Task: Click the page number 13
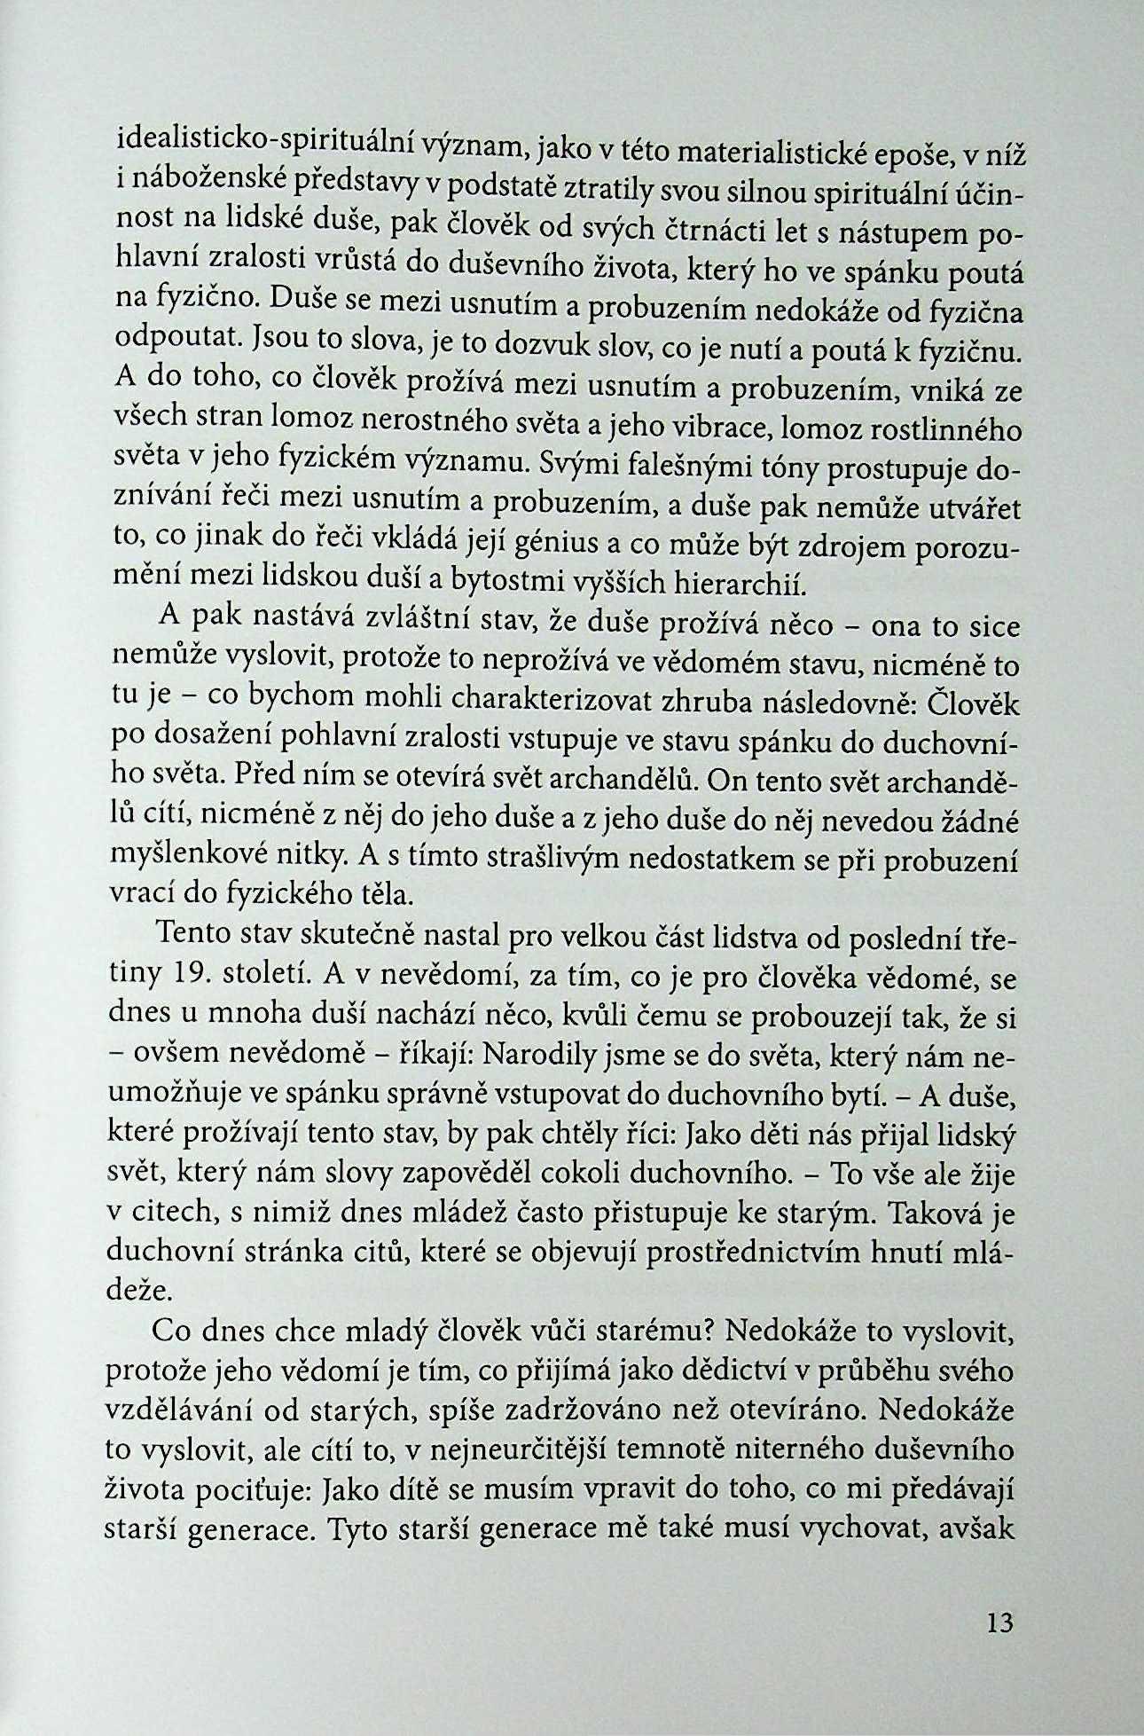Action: coord(999,1622)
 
